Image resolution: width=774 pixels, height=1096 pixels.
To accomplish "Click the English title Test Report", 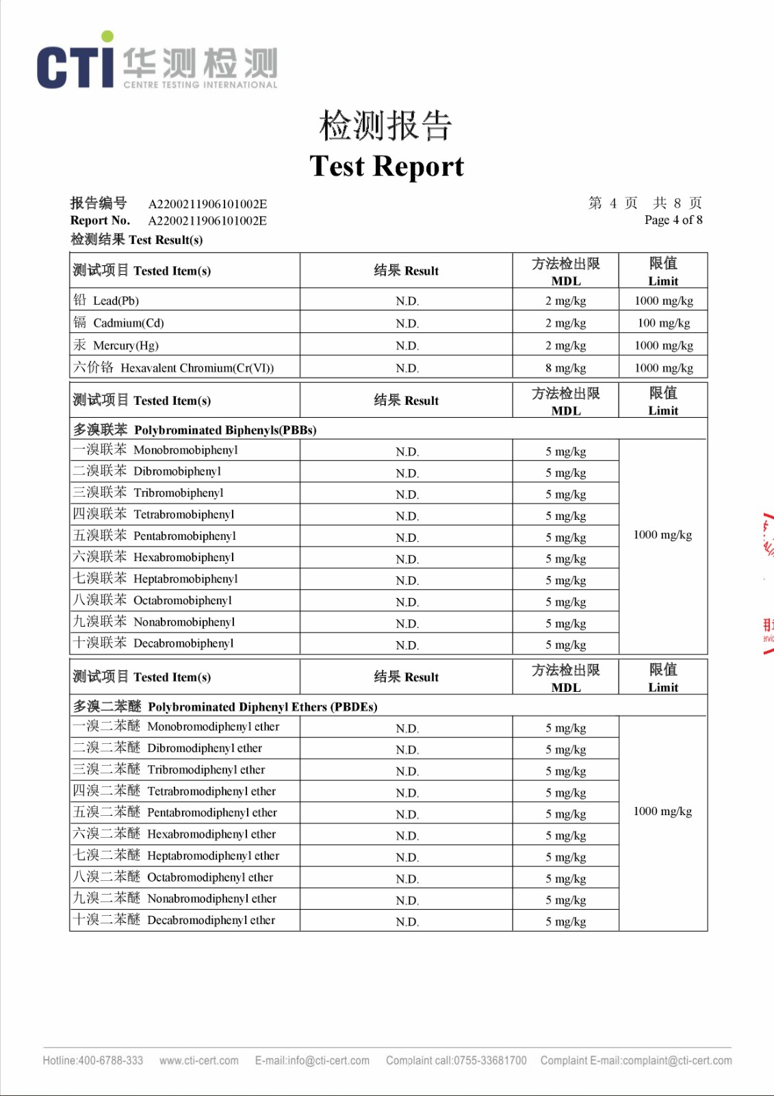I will pos(387,166).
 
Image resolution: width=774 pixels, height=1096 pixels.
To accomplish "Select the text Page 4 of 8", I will pos(673,220).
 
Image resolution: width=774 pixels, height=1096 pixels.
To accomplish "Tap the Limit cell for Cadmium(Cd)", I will pos(663,323).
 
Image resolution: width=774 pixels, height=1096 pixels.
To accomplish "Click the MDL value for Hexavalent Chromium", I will pos(565,368).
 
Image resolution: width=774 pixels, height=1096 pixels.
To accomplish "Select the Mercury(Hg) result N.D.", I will pos(407,346).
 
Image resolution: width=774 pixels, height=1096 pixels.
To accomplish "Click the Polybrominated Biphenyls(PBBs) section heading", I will pos(195,430).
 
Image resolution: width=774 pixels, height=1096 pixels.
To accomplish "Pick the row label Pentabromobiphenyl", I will pos(155,536).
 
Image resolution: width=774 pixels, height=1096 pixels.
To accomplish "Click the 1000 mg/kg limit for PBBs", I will pos(662,535).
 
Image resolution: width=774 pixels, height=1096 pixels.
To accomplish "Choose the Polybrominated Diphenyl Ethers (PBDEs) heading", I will pos(226,707).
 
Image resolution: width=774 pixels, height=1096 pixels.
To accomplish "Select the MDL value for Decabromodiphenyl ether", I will pos(565,921).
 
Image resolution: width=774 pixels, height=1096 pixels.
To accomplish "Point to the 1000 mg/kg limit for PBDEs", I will pos(662,812).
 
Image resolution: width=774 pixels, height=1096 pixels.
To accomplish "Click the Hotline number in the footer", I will pos(93,1060).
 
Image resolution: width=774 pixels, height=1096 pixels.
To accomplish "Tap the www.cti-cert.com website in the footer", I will pos(199,1060).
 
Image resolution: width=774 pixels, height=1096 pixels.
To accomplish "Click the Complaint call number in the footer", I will pos(456,1060).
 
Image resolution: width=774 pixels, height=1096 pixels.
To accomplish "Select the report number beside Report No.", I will pos(207,221).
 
